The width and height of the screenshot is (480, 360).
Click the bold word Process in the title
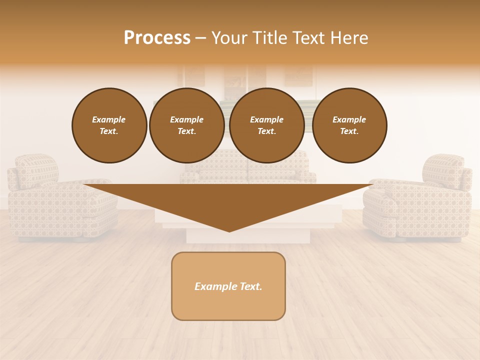tap(157, 38)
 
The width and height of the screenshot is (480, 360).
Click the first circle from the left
tap(109, 125)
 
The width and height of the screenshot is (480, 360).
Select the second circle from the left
tap(186, 125)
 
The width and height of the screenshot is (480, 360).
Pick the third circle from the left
tap(266, 125)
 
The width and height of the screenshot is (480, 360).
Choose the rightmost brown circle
tap(349, 125)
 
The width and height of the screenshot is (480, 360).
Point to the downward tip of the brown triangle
tap(229, 230)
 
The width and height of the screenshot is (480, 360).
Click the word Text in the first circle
tap(109, 131)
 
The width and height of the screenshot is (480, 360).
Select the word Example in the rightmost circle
tap(349, 119)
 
